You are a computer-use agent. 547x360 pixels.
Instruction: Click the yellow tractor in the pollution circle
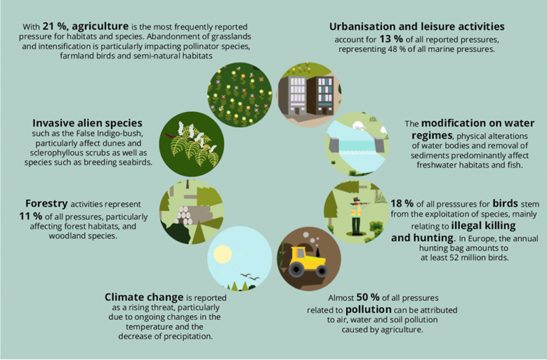point(308,262)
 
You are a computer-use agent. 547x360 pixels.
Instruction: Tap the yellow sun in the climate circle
point(222,253)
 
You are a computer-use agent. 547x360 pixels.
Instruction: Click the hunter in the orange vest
point(356,213)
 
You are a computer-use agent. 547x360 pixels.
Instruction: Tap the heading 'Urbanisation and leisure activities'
point(412,26)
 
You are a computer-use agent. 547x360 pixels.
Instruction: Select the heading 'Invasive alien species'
point(88,123)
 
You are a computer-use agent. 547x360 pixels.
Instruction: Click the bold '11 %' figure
point(34,215)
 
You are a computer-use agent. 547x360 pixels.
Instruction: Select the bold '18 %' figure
point(404,203)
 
